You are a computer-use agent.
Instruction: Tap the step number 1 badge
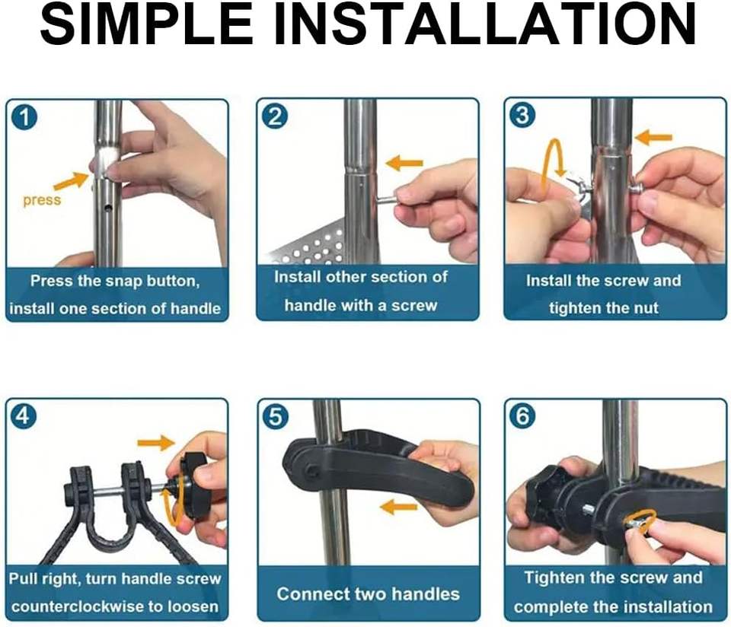click(24, 117)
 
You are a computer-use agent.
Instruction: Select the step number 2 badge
click(275, 116)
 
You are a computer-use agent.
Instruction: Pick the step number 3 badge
click(522, 116)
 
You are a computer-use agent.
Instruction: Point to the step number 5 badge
click(276, 416)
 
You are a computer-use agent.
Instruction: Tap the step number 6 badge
click(522, 415)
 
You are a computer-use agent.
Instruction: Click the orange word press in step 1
click(42, 200)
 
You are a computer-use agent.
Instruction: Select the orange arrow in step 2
click(404, 164)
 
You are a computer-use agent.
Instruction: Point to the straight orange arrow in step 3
click(653, 138)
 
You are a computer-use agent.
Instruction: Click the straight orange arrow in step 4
click(156, 443)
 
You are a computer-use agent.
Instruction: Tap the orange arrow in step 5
click(398, 506)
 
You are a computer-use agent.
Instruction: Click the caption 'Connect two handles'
click(369, 594)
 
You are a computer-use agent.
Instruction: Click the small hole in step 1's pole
click(108, 206)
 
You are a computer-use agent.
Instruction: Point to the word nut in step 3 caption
click(645, 308)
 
